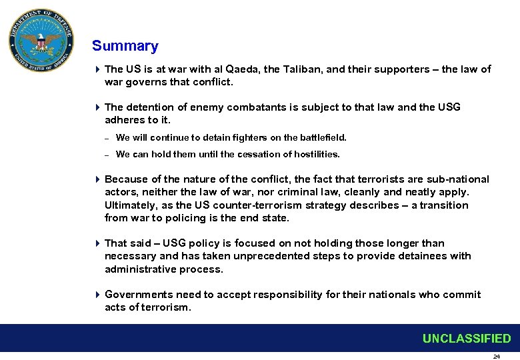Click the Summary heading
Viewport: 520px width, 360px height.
click(125, 46)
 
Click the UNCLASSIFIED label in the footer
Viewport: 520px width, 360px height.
click(466, 339)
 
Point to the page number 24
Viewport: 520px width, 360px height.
click(496, 357)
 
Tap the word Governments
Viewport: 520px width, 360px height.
click(137, 295)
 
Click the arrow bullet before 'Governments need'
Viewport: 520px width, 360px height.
click(97, 295)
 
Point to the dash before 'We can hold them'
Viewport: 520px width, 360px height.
click(107, 155)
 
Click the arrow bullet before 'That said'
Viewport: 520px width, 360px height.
click(97, 243)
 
